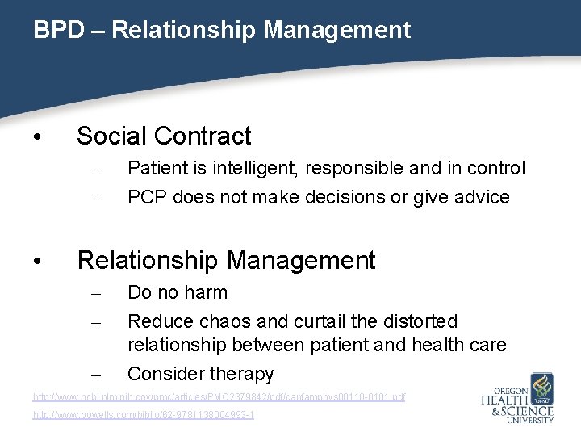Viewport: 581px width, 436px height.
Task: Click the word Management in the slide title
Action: pos(336,31)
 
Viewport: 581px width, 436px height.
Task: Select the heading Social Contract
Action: pos(164,136)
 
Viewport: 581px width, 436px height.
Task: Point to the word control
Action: pos(493,168)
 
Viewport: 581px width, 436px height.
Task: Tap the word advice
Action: pos(480,197)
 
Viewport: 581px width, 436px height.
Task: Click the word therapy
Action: pos(241,374)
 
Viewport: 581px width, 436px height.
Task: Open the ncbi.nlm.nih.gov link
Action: pos(219,397)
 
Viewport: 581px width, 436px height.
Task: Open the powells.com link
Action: pos(143,414)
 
